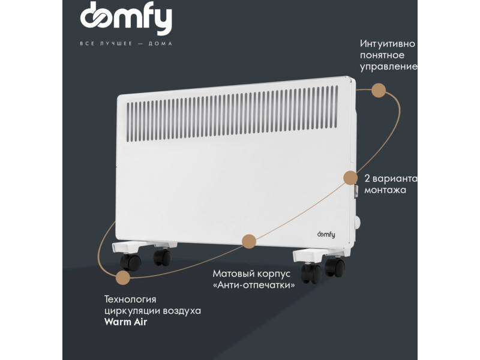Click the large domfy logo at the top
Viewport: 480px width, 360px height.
click(x=126, y=18)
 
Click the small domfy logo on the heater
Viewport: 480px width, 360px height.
click(x=326, y=235)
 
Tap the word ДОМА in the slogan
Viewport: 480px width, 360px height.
click(x=160, y=43)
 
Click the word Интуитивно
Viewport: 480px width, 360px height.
click(x=387, y=43)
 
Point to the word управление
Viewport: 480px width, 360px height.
click(x=388, y=67)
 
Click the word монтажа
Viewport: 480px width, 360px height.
click(x=385, y=190)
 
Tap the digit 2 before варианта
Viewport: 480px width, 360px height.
click(x=367, y=178)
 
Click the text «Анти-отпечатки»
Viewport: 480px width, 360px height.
click(x=254, y=285)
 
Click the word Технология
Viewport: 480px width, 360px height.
click(x=130, y=299)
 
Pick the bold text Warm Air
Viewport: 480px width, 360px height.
click(x=125, y=322)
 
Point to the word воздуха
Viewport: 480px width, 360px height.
click(x=182, y=311)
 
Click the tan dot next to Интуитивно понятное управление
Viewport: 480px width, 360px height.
click(x=379, y=91)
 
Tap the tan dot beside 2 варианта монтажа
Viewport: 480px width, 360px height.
click(x=350, y=178)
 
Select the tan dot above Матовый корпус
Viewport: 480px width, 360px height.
click(x=249, y=242)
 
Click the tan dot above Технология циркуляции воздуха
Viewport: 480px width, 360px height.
click(x=123, y=278)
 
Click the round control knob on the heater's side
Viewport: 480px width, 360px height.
click(x=357, y=223)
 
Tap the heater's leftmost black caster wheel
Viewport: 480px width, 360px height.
click(x=130, y=262)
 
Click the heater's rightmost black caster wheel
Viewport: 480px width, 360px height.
click(x=335, y=267)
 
